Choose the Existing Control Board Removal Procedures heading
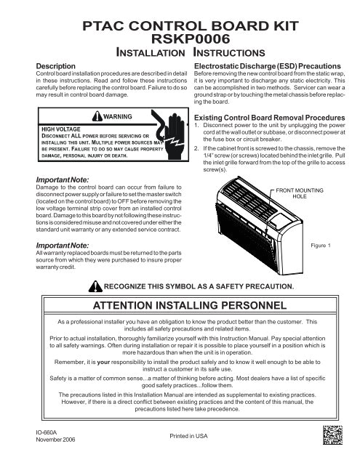click(x=271, y=116)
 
